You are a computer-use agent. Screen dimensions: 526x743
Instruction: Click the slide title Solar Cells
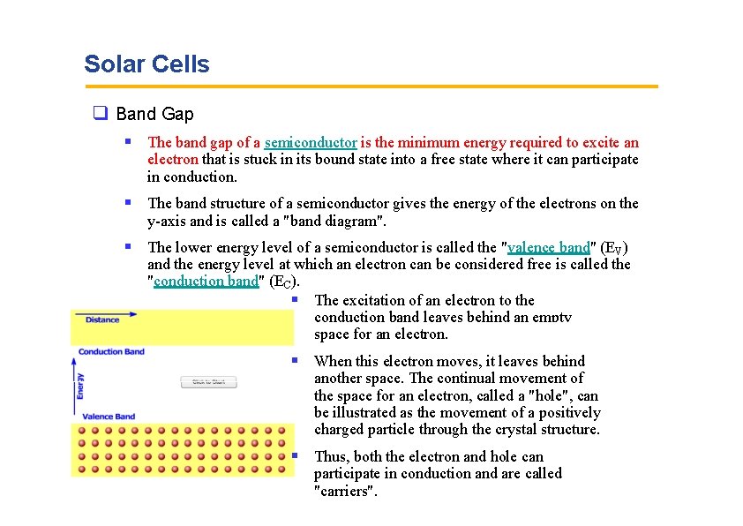click(x=146, y=64)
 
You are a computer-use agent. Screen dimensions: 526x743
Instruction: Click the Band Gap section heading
click(x=154, y=114)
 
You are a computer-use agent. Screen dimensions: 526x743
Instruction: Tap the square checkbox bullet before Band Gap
click(x=100, y=114)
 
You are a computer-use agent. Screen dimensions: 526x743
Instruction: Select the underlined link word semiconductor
click(x=310, y=142)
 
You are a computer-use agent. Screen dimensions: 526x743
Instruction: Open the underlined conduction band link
click(x=206, y=282)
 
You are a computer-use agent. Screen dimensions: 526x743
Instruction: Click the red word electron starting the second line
click(x=173, y=160)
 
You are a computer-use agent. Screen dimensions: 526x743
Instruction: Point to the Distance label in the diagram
click(x=102, y=319)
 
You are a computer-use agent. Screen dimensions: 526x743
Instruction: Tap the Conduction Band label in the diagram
click(x=111, y=352)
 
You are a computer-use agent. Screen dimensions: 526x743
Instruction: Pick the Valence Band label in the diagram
click(x=108, y=416)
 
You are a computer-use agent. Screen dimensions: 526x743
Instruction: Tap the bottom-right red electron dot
click(x=281, y=470)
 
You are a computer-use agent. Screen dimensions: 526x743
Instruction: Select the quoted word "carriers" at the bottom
click(x=346, y=492)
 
